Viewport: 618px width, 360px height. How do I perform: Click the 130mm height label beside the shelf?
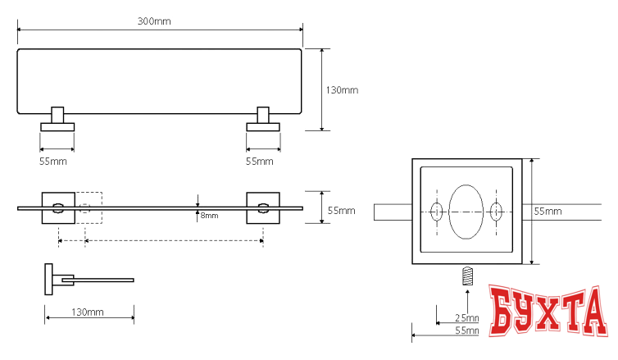pyautogui.click(x=342, y=89)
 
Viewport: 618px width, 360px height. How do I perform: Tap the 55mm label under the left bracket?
pyautogui.click(x=53, y=162)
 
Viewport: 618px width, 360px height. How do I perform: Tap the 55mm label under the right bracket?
pyautogui.click(x=260, y=162)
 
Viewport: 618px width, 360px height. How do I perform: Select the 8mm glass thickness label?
pyautogui.click(x=209, y=216)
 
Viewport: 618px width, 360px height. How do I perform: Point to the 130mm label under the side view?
pyautogui.click(x=88, y=312)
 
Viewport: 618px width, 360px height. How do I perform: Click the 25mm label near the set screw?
pyautogui.click(x=468, y=317)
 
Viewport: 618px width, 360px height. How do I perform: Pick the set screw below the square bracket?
pyautogui.click(x=468, y=276)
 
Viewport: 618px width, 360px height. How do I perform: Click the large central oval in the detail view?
pyautogui.click(x=466, y=212)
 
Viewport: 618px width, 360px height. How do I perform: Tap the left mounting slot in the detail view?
pyautogui.click(x=437, y=212)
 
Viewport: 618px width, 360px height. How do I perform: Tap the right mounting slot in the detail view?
pyautogui.click(x=495, y=212)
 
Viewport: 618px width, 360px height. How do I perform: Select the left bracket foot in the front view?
pyautogui.click(x=57, y=125)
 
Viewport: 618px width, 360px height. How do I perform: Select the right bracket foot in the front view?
pyautogui.click(x=263, y=125)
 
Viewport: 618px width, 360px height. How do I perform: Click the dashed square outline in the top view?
pyautogui.click(x=90, y=207)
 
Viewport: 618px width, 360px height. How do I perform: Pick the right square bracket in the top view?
pyautogui.click(x=263, y=208)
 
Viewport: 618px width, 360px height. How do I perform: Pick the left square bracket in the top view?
pyautogui.click(x=58, y=208)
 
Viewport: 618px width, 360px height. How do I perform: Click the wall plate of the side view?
pyautogui.click(x=48, y=280)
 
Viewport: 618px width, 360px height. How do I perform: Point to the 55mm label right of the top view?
pyautogui.click(x=341, y=211)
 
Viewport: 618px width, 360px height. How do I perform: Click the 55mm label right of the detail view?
pyautogui.click(x=548, y=212)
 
